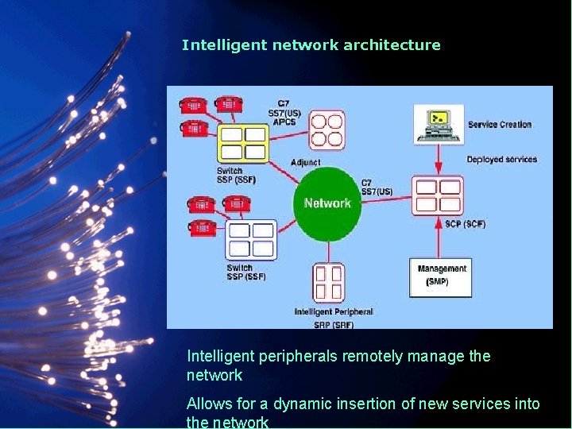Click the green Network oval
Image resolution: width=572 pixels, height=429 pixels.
click(327, 203)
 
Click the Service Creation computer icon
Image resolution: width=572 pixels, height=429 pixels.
click(438, 125)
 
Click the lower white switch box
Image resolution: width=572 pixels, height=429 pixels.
click(252, 240)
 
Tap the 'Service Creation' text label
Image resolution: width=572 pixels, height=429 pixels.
click(499, 125)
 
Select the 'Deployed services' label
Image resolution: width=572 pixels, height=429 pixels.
click(501, 160)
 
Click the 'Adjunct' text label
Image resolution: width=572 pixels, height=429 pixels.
click(306, 163)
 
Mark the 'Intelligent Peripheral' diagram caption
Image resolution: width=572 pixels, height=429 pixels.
click(333, 312)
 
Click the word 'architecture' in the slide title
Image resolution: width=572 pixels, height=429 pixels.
click(392, 45)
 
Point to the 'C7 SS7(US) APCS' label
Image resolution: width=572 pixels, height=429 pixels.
click(284, 112)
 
